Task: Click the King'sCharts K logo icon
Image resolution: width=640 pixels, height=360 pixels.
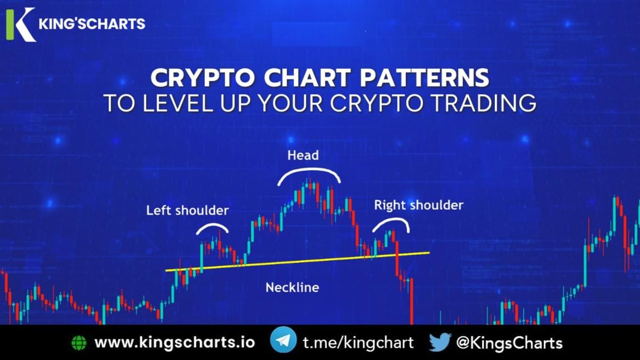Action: (x=20, y=25)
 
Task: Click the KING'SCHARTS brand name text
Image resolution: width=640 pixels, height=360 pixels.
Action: (x=92, y=24)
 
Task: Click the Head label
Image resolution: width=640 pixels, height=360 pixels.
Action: (x=303, y=155)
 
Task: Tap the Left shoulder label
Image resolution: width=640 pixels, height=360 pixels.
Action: (x=187, y=210)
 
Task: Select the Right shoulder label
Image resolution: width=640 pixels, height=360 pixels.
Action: (x=419, y=205)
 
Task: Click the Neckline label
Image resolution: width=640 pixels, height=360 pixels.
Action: (x=292, y=287)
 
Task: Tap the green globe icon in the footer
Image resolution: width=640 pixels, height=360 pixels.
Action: (x=78, y=342)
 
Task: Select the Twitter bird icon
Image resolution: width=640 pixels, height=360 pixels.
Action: (x=440, y=342)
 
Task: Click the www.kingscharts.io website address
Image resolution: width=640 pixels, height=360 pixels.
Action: (x=174, y=342)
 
